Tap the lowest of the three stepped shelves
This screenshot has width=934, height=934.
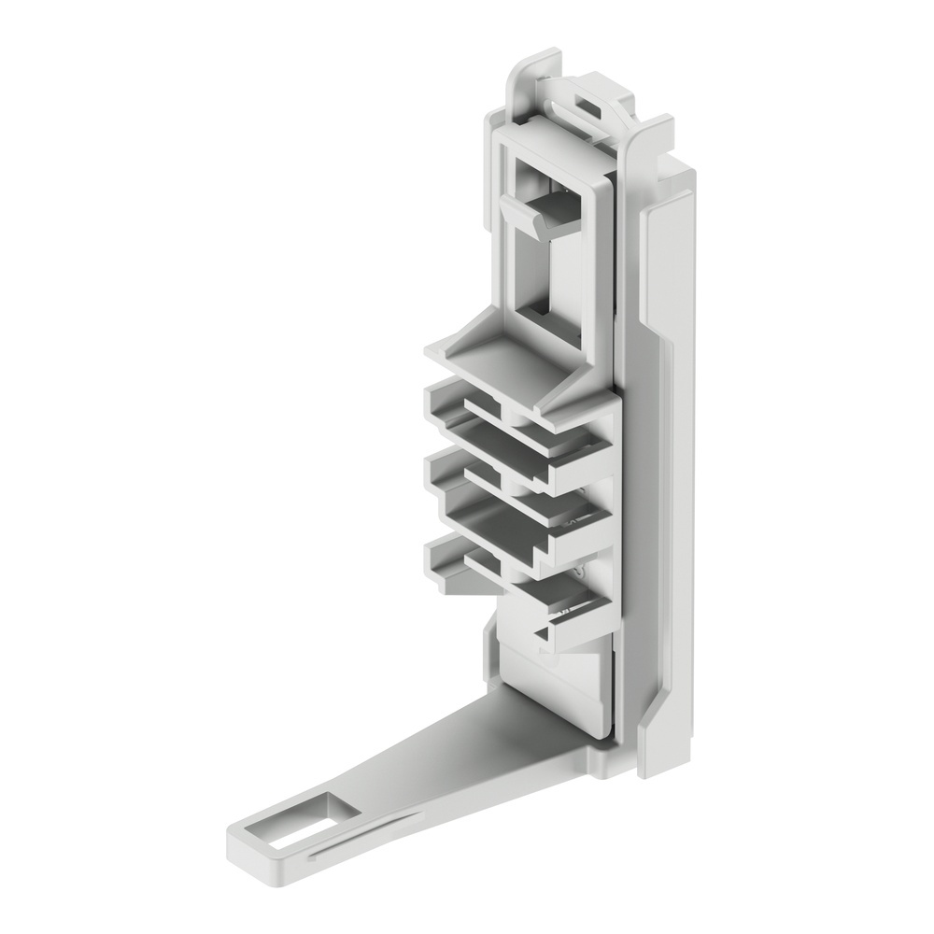pos(514,579)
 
